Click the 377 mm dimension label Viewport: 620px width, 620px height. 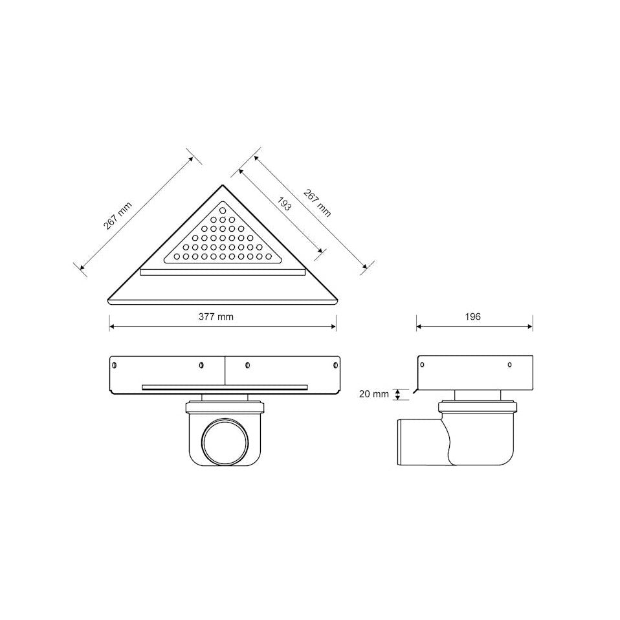click(216, 316)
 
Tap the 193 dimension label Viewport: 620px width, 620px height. click(284, 204)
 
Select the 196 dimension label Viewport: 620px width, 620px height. click(473, 316)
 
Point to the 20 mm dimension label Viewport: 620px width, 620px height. click(374, 394)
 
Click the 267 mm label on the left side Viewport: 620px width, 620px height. click(117, 216)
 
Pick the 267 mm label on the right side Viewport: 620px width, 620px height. click(317, 203)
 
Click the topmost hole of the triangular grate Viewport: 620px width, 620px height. click(223, 210)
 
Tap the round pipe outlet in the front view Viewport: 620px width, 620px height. click(225, 441)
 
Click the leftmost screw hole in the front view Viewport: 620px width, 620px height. click(115, 365)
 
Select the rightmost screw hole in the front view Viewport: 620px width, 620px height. click(336, 365)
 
